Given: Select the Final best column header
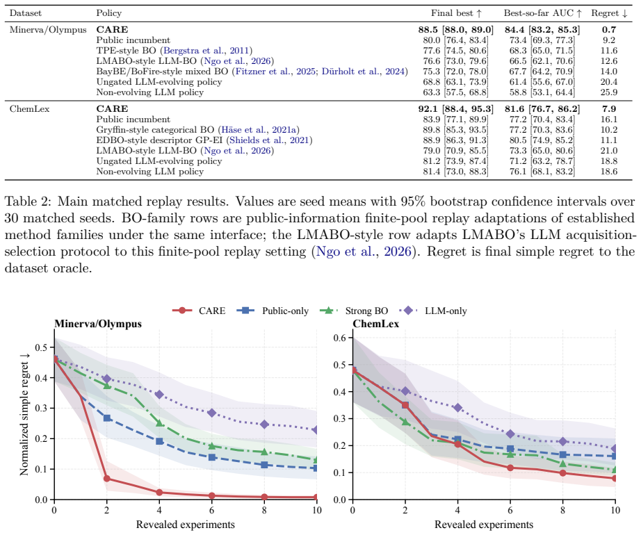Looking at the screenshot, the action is click(x=456, y=13).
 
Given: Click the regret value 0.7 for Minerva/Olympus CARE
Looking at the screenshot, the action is click(x=609, y=29).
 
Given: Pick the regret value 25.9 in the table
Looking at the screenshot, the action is click(x=609, y=92).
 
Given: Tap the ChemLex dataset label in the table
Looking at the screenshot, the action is click(x=29, y=109).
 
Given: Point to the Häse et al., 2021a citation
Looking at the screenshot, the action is click(x=259, y=130).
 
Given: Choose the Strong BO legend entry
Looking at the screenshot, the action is click(x=353, y=311).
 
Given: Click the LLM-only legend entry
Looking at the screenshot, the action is click(x=435, y=311).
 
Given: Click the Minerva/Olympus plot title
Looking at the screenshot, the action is click(x=98, y=324).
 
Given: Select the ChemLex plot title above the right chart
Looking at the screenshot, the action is click(x=375, y=324).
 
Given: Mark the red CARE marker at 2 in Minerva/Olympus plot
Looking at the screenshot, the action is click(x=106, y=479).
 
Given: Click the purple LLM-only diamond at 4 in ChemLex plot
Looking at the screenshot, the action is click(x=458, y=408).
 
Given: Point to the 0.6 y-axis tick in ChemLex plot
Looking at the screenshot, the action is click(x=340, y=338).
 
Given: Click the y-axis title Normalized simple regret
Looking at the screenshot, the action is click(x=24, y=413).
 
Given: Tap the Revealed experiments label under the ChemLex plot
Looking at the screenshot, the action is click(x=484, y=525).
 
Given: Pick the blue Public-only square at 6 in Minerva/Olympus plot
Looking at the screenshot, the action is click(x=212, y=457).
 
